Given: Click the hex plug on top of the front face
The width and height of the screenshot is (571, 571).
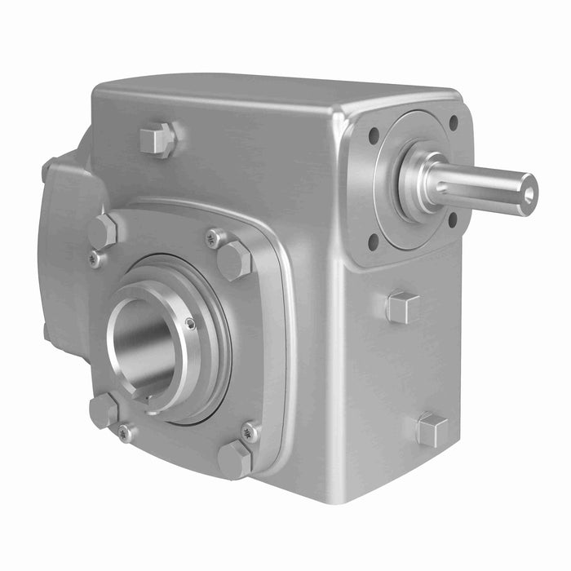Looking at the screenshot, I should (157, 139).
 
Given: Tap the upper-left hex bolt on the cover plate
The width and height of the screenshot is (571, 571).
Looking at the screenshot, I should (103, 232).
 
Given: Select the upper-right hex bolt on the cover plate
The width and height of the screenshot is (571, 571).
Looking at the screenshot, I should (235, 260).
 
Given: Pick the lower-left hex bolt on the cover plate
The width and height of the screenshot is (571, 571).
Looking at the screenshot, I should (104, 409).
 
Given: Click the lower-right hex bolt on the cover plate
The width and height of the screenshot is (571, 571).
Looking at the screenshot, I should (235, 459).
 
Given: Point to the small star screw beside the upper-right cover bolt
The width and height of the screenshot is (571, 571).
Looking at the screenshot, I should (214, 238).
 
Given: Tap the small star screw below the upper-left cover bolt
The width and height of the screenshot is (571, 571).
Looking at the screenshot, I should (96, 259).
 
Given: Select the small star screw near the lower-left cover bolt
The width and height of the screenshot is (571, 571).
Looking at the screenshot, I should (125, 433).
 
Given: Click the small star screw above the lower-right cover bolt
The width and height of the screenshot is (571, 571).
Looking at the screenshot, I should (249, 432).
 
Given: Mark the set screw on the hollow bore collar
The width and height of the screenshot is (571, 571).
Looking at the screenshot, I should (190, 324).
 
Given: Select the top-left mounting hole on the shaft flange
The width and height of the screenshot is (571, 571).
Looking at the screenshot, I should (374, 136).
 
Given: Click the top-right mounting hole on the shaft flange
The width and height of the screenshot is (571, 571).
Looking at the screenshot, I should (453, 123).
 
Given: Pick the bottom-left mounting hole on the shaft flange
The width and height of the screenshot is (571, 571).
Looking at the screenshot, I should (373, 241).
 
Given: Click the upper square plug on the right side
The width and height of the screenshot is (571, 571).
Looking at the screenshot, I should (402, 308).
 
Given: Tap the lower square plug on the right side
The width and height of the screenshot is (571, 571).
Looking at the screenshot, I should (432, 430).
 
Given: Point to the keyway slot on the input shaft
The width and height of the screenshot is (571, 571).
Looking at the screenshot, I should (481, 181).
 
